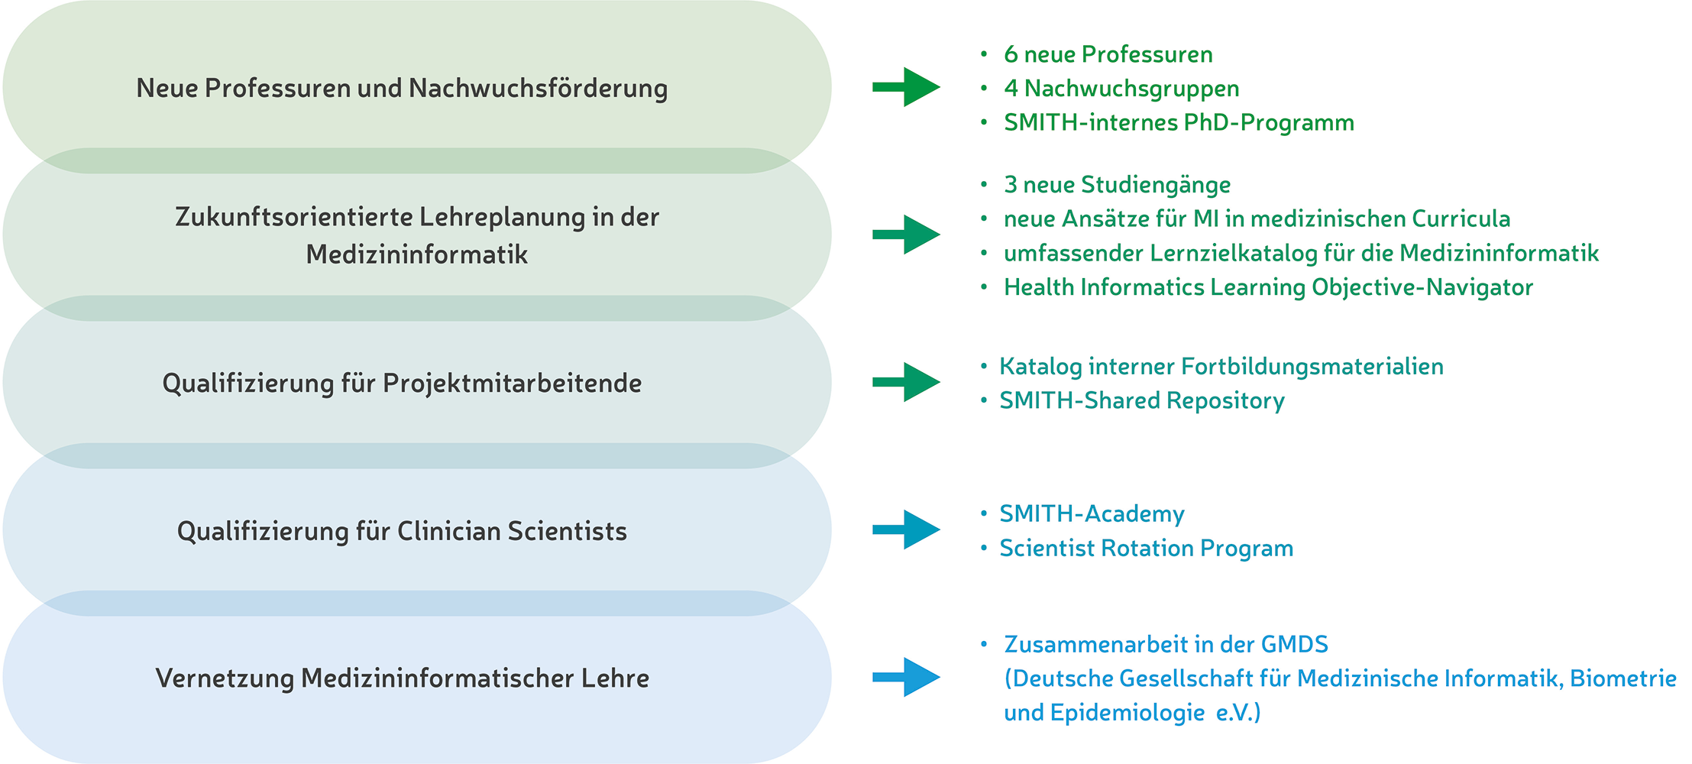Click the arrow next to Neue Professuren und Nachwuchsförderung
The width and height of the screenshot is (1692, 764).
(x=906, y=87)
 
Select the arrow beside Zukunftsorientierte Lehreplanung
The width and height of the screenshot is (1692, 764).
(x=906, y=235)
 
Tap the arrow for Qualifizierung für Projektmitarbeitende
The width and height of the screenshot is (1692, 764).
(x=906, y=382)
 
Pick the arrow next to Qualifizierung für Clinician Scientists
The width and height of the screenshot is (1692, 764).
(x=906, y=529)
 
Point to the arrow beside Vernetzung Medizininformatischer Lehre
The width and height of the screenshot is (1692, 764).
(x=906, y=677)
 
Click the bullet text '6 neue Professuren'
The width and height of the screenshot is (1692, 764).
(x=1108, y=54)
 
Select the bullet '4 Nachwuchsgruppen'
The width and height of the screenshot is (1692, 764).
(x=1121, y=89)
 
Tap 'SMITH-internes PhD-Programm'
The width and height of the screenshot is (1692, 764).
(x=1179, y=122)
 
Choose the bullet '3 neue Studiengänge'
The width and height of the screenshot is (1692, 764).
(x=1117, y=185)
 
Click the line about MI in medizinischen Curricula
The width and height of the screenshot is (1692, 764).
(x=1257, y=219)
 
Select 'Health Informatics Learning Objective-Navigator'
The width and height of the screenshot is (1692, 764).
(x=1268, y=287)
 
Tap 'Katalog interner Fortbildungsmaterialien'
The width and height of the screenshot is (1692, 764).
(x=1221, y=367)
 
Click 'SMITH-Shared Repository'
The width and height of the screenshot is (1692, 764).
(x=1142, y=401)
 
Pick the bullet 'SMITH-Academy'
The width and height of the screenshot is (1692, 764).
(x=1092, y=514)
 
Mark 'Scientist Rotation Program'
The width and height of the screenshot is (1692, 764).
(x=1147, y=549)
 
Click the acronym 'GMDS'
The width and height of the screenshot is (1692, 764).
(x=1295, y=645)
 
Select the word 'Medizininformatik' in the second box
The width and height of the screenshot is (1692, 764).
(x=417, y=254)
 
